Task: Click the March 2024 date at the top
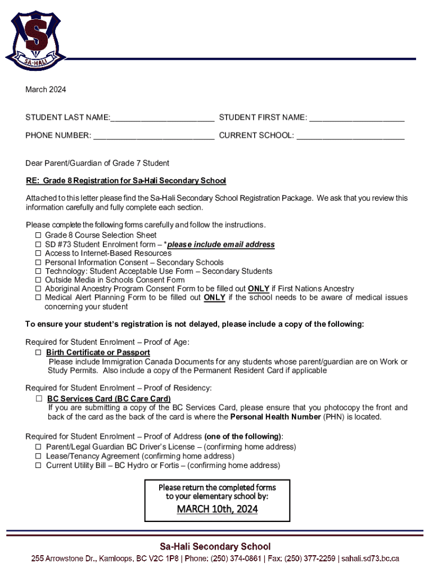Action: (x=46, y=89)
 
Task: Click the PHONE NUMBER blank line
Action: (x=154, y=136)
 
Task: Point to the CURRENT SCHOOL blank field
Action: (x=350, y=136)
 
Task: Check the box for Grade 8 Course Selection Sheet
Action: (x=38, y=235)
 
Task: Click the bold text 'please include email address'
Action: (x=221, y=244)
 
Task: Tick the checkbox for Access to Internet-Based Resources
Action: (x=38, y=253)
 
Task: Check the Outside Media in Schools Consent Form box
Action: (x=38, y=280)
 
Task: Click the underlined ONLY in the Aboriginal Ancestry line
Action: (x=259, y=289)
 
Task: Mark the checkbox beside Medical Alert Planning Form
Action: (x=38, y=298)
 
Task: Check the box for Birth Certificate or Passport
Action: (x=39, y=353)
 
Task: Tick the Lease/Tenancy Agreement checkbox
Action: (x=38, y=456)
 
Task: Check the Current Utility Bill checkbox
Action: (x=38, y=465)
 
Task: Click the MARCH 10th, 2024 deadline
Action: (x=217, y=509)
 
